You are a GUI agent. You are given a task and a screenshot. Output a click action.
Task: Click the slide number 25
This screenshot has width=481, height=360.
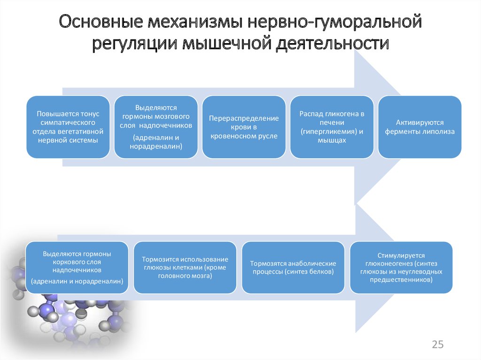pyautogui.click(x=437, y=345)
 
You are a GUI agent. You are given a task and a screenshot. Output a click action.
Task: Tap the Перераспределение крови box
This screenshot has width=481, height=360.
pyautogui.click(x=244, y=127)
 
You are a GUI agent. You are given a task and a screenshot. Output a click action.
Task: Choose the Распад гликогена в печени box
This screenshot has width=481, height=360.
pyautogui.click(x=332, y=127)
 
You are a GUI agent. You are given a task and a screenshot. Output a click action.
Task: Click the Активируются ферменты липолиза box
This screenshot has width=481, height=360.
pyautogui.click(x=419, y=127)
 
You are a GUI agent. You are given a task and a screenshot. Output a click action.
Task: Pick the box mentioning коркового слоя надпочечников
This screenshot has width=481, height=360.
pyautogui.click(x=77, y=268)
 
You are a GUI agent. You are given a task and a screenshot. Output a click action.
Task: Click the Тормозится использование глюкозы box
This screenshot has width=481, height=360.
pyautogui.click(x=185, y=268)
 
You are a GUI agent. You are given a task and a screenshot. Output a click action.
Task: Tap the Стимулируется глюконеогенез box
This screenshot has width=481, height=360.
pyautogui.click(x=401, y=268)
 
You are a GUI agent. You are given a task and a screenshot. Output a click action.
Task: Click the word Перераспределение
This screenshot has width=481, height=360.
pyautogui.click(x=244, y=118)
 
